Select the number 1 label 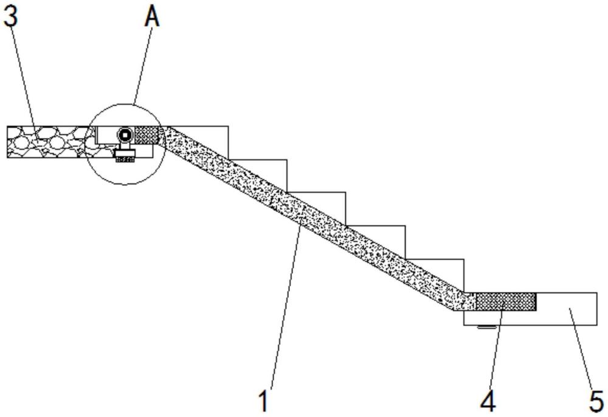pos(264,401)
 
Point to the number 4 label pos(488,401)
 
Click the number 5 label pos(596,401)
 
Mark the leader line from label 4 pos(496,347)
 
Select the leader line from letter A pos(143,65)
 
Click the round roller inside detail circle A pos(125,135)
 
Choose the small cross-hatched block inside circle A pos(147,135)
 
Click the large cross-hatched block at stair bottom pos(506,302)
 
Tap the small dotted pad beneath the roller pos(125,159)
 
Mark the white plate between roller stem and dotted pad pos(125,153)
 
